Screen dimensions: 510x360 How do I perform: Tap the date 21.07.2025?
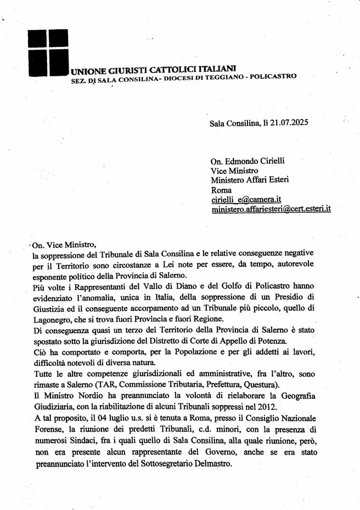[288, 123]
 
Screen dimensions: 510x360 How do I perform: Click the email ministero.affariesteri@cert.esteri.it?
[271, 210]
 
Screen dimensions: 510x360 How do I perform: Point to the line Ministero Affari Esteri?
[250, 180]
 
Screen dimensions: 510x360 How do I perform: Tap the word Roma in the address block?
[221, 190]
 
